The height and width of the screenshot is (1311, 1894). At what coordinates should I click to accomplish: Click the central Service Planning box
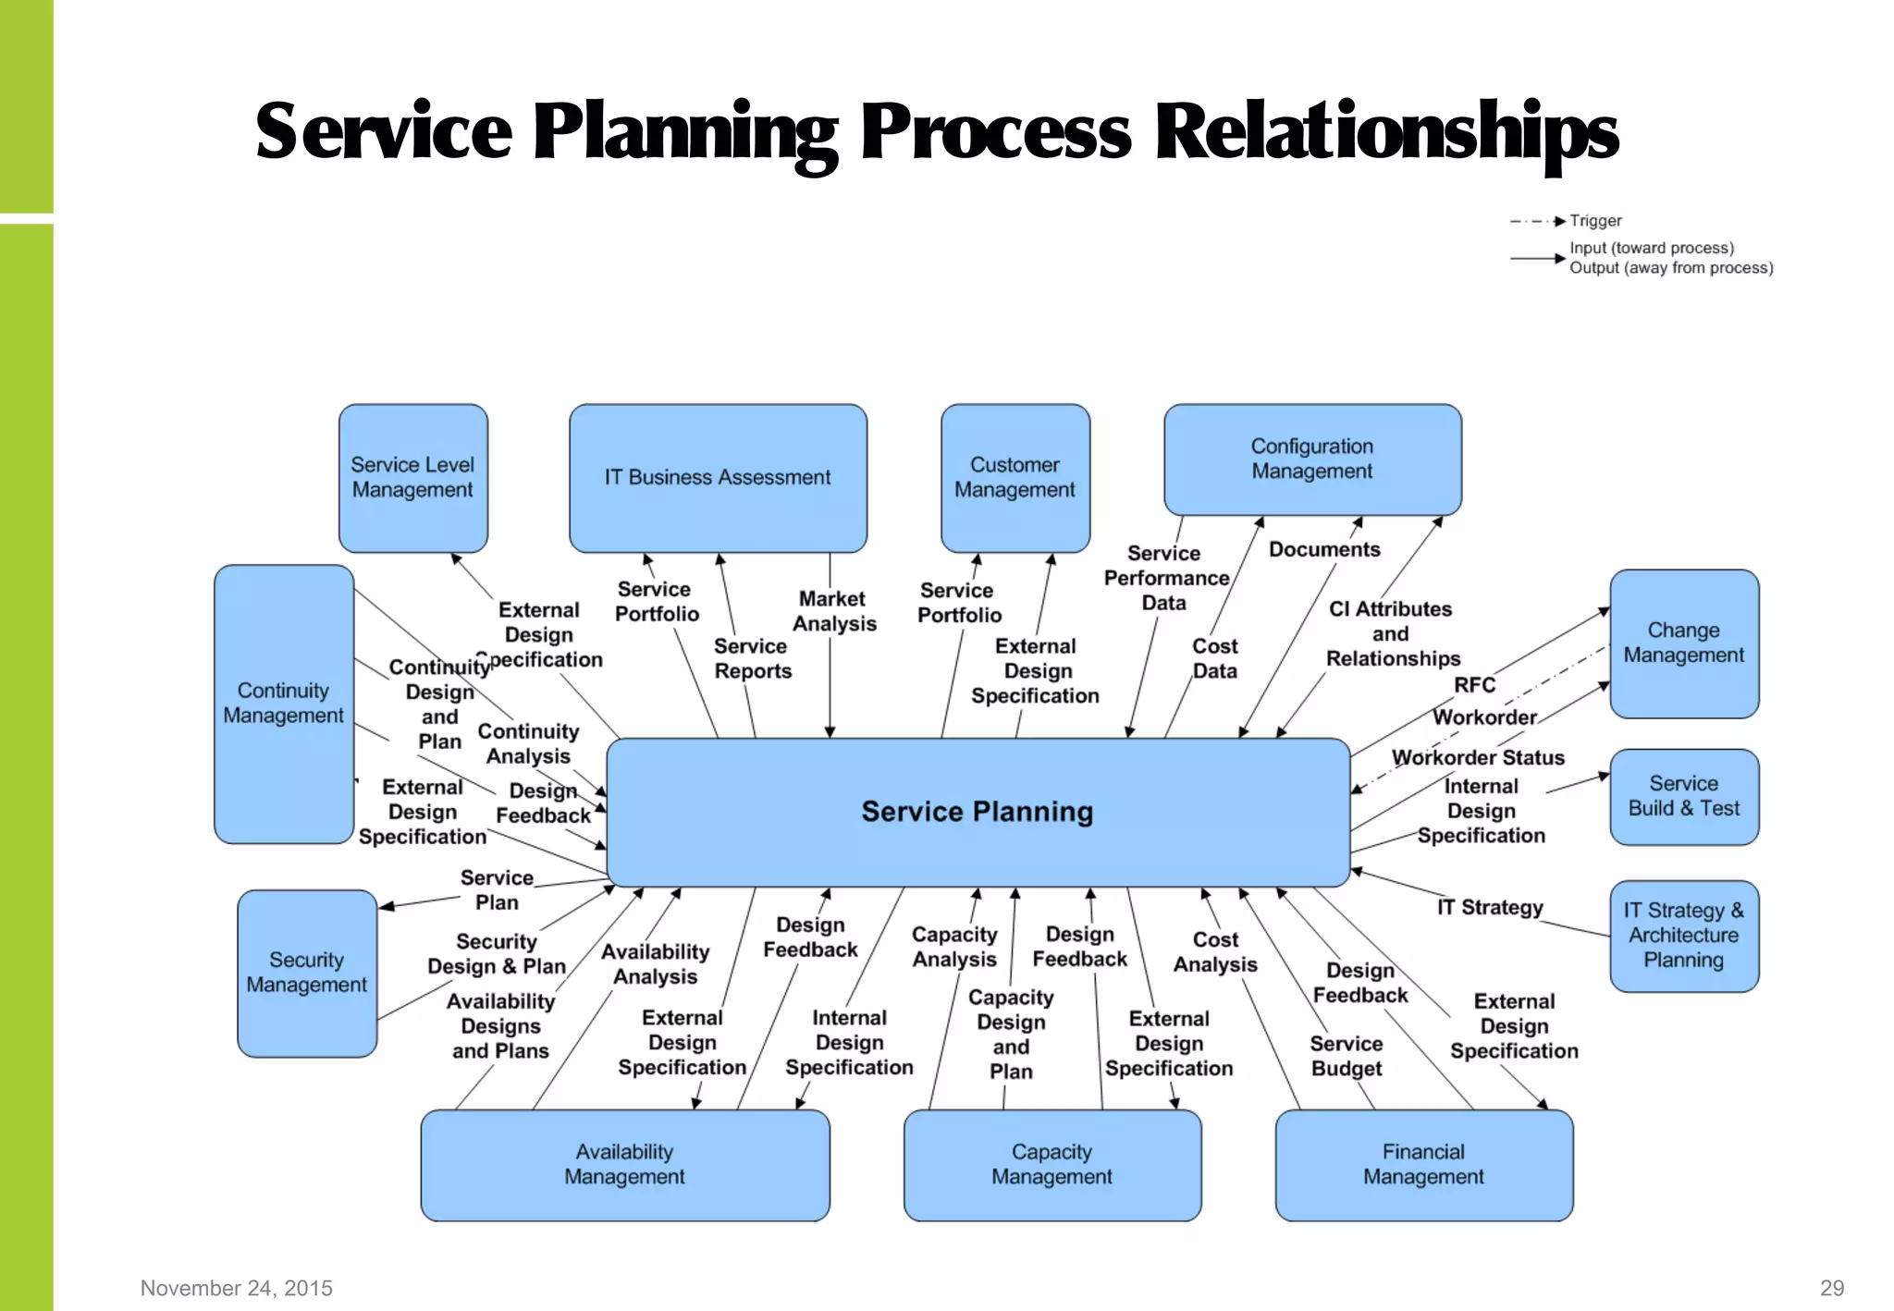point(978,812)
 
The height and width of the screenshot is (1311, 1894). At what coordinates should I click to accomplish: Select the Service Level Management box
point(412,478)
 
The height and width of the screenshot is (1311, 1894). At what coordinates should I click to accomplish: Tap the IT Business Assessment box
point(718,478)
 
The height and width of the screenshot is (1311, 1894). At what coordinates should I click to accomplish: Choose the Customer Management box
point(1015,478)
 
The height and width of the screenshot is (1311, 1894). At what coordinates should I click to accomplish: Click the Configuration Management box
point(1311,459)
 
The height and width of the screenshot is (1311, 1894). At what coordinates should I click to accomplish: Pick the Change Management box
point(1683,643)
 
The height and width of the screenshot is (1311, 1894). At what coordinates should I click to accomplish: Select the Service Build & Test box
point(1683,796)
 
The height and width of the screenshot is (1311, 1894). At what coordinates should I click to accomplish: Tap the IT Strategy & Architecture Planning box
point(1683,936)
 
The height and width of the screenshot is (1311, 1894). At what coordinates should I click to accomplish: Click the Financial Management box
point(1423,1165)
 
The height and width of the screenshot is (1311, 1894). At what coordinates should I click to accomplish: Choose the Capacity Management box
point(1052,1165)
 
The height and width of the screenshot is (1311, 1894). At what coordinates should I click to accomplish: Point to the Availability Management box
point(624,1165)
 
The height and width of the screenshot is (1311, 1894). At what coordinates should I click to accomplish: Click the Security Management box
point(306,973)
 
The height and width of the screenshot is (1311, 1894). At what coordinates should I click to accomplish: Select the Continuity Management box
point(283,704)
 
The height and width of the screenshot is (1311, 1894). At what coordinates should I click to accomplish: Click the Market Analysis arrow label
point(833,612)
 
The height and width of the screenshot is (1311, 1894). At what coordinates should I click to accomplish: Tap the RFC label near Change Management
point(1474,685)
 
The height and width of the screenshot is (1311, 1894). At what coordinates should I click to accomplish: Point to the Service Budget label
point(1347,1056)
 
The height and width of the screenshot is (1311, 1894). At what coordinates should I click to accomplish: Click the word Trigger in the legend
point(1595,221)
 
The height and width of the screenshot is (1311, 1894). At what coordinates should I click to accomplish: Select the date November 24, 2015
point(237,1288)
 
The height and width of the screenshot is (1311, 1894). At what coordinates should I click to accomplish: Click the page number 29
point(1831,1288)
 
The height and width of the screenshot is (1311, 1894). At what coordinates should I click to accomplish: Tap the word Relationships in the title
point(1386,131)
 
